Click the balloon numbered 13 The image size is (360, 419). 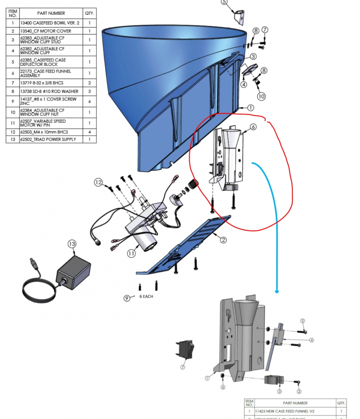72,244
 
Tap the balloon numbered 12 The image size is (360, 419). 98,183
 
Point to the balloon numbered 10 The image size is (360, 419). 261,96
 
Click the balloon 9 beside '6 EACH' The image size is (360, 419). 127,298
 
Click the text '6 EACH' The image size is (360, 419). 146,297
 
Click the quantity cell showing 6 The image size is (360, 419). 89,102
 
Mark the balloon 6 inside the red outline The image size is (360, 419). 253,127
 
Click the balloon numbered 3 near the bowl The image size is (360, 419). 253,57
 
